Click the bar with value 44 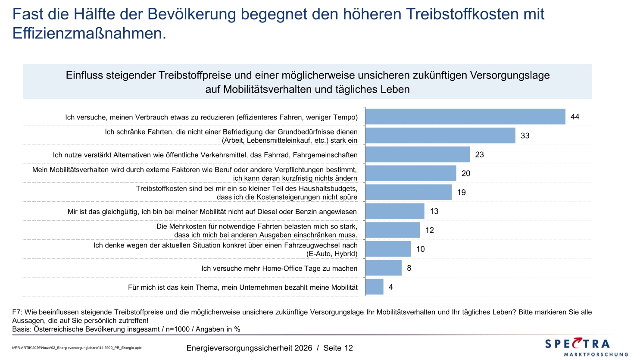tap(465, 116)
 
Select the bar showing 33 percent tap(440, 135)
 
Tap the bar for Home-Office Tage tap(383, 268)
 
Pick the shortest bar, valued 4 tap(374, 287)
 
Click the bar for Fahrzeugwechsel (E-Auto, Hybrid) tap(388, 249)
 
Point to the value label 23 tap(479, 154)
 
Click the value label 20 tap(466, 173)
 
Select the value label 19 tap(462, 192)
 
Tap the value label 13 tap(434, 211)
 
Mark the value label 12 tap(430, 230)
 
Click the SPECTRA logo tap(578, 344)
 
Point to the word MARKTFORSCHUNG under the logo tap(596, 354)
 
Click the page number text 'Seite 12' tap(338, 348)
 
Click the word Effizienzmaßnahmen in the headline tap(89, 33)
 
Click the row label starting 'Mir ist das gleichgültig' tap(212, 211)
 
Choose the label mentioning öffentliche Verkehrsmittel tap(205, 155)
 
